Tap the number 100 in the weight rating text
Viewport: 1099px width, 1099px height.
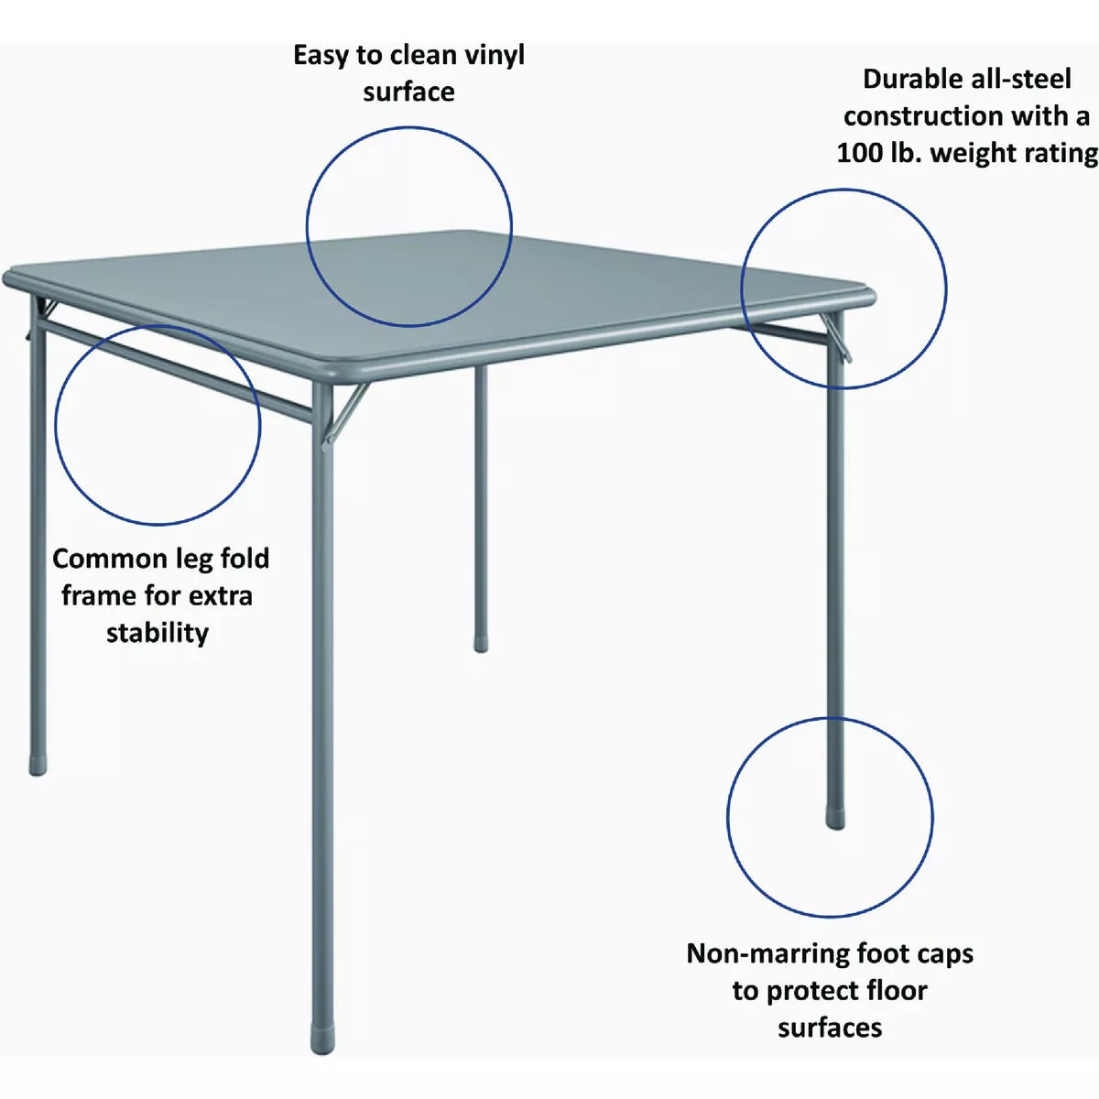pyautogui.click(x=858, y=153)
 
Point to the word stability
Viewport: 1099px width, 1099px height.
pyautogui.click(x=158, y=633)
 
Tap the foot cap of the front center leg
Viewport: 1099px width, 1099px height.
pyautogui.click(x=322, y=1040)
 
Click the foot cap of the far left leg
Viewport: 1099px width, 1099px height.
pyautogui.click(x=38, y=766)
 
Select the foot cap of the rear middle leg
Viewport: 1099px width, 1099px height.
pyautogui.click(x=481, y=645)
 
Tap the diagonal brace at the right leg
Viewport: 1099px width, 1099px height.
pyautogui.click(x=835, y=338)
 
